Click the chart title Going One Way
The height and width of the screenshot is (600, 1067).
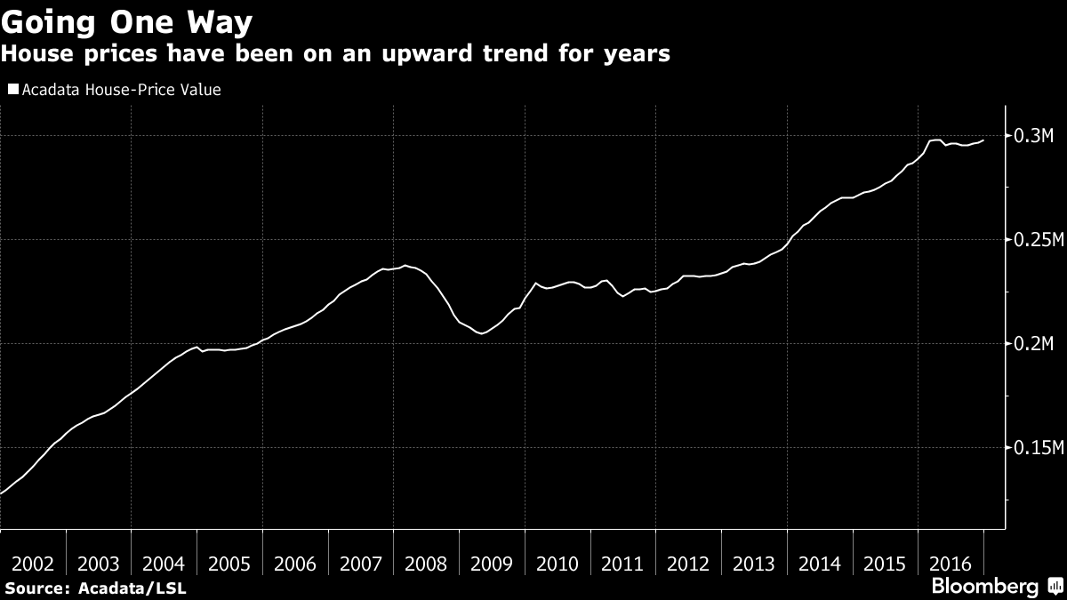[x=126, y=21]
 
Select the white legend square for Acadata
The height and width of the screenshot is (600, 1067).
[x=12, y=90]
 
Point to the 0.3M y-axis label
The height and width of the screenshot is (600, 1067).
[x=1033, y=136]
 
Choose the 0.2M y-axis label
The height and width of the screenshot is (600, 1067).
[x=1033, y=344]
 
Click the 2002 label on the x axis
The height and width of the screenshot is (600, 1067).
[x=33, y=564]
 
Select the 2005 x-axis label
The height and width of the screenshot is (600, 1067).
[x=229, y=564]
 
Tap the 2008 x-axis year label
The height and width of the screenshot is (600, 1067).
[x=427, y=564]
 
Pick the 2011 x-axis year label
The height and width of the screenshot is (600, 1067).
[x=623, y=564]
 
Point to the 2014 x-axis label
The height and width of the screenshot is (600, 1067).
[x=820, y=564]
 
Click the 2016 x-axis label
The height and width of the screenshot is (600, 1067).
[x=951, y=564]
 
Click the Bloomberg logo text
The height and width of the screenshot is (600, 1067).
[x=984, y=587]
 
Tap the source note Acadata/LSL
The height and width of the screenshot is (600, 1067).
[x=132, y=588]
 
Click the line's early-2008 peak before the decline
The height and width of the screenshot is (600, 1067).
[x=405, y=266]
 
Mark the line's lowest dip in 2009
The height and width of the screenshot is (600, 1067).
[x=481, y=333]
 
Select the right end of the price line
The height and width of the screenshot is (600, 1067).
[x=983, y=140]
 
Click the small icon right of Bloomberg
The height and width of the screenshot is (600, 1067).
[x=1055, y=586]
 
